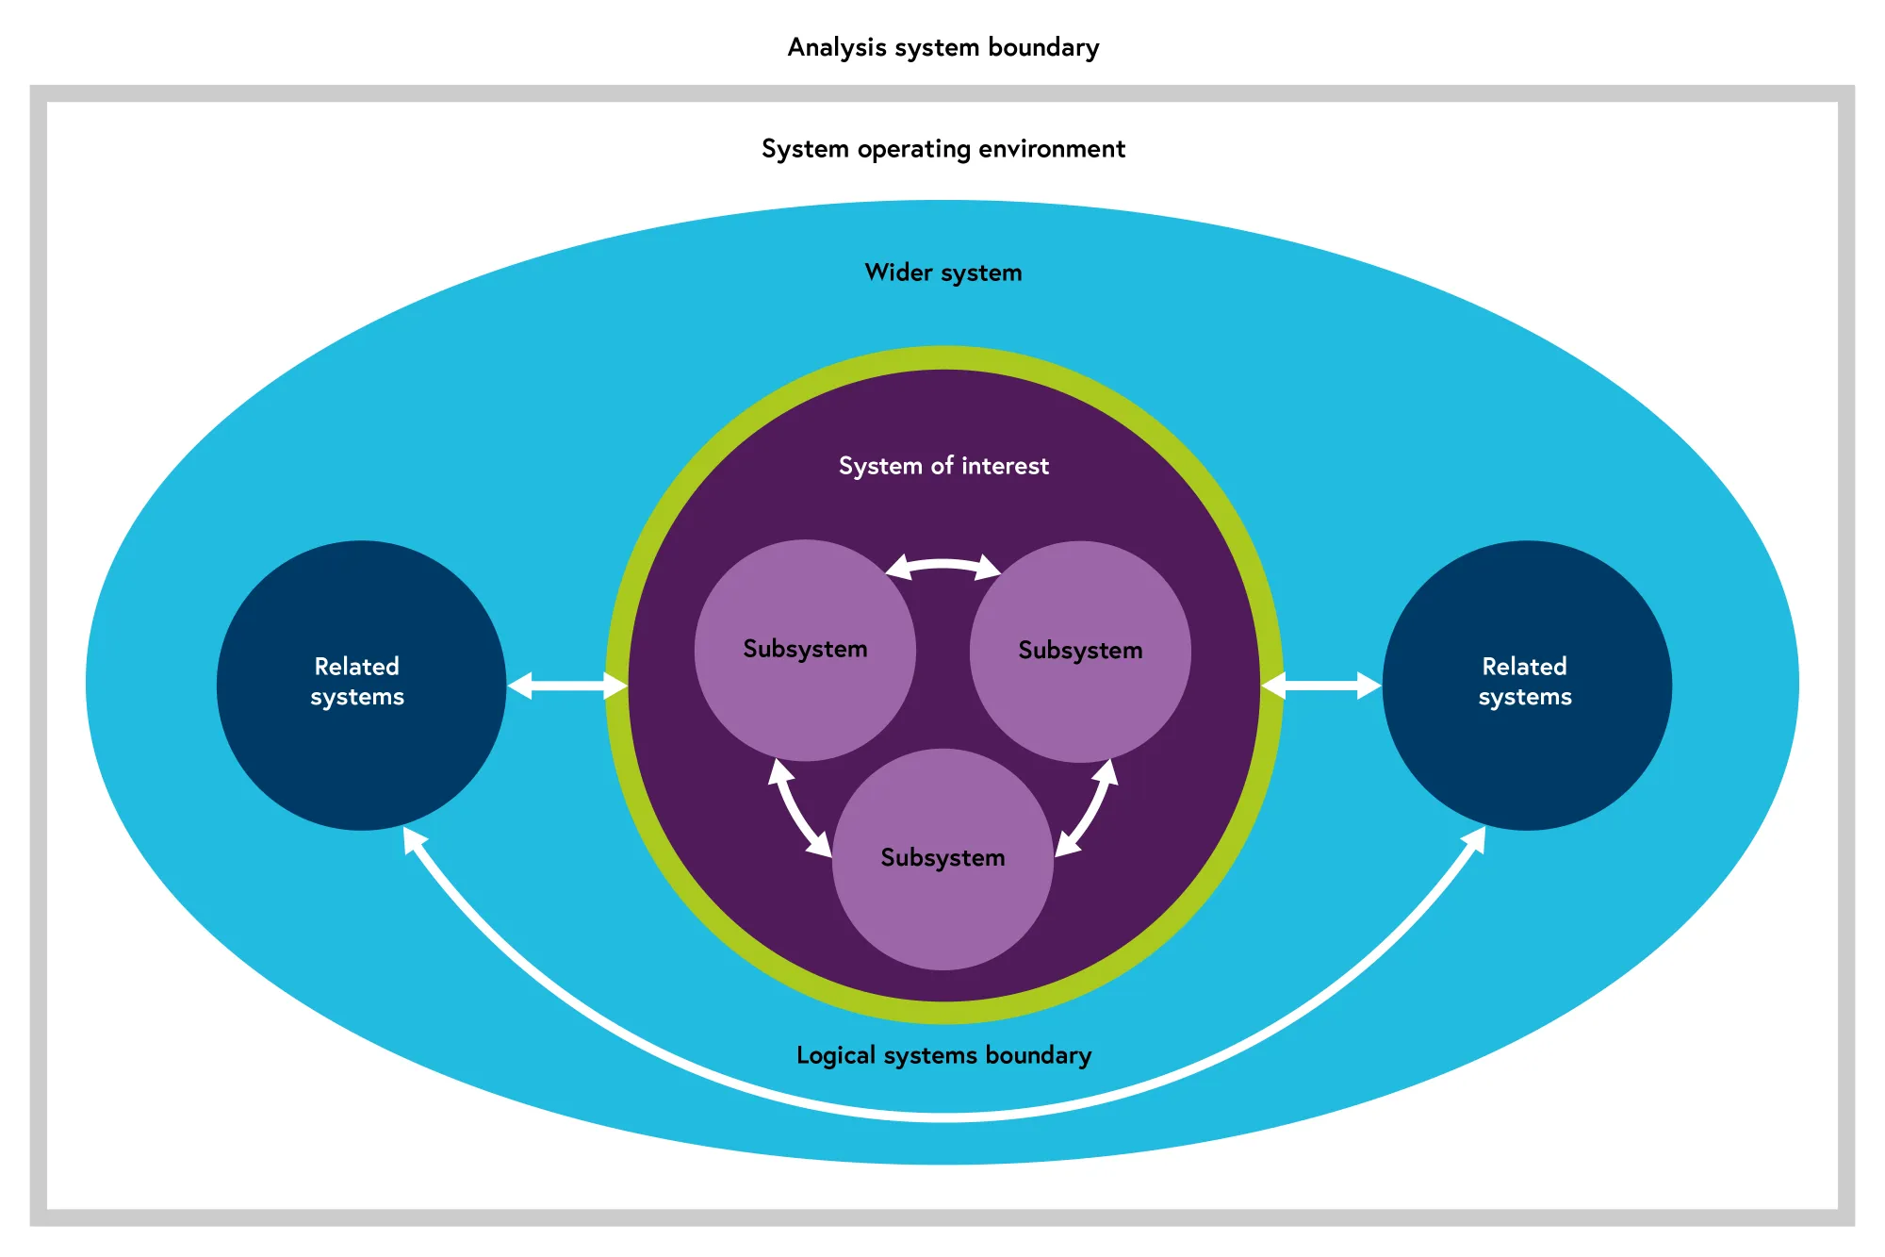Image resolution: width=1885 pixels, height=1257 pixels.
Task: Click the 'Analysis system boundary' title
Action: click(942, 47)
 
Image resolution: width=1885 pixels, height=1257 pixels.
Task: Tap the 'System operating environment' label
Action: click(942, 149)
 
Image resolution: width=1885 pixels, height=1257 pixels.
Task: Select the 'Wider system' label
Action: click(942, 273)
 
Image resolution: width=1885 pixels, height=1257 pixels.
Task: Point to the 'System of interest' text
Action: click(942, 466)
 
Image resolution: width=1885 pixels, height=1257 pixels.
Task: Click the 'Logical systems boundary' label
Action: click(942, 1055)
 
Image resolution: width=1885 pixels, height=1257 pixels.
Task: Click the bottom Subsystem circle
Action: click(942, 905)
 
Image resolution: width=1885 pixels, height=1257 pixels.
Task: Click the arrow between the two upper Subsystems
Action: click(942, 564)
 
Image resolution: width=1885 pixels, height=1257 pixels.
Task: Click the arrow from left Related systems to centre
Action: click(567, 686)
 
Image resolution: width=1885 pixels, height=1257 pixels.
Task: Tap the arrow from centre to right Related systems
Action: click(1321, 686)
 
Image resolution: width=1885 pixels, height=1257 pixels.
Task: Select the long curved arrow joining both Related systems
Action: click(942, 1116)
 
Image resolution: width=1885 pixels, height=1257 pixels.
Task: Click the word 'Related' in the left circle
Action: click(356, 667)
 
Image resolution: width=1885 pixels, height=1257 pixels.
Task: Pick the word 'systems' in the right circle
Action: click(1525, 698)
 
